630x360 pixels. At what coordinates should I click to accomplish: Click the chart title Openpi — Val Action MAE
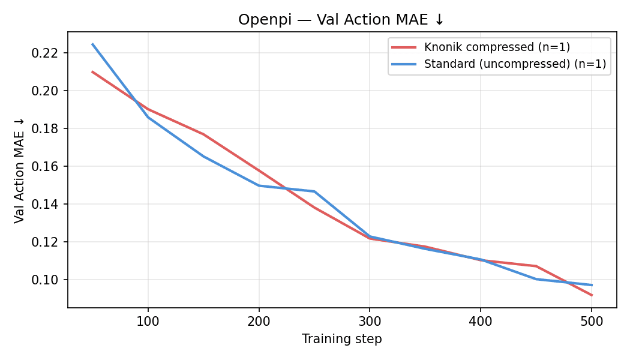pyautogui.click(x=341, y=20)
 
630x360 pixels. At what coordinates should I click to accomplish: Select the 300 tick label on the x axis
pyautogui.click(x=370, y=321)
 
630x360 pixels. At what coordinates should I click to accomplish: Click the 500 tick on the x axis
pyautogui.click(x=592, y=321)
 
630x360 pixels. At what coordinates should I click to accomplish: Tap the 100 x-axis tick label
pyautogui.click(x=148, y=321)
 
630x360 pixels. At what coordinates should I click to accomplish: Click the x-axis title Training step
pyautogui.click(x=341, y=339)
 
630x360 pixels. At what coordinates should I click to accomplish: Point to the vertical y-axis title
pyautogui.click(x=20, y=170)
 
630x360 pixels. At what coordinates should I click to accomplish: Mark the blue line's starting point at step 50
pyautogui.click(x=92, y=44)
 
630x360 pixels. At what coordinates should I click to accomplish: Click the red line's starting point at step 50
pyautogui.click(x=92, y=71)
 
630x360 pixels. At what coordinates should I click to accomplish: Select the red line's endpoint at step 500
pyautogui.click(x=592, y=295)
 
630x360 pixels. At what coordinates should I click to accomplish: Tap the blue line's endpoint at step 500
pyautogui.click(x=592, y=285)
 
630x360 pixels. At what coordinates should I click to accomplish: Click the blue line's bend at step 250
pyautogui.click(x=314, y=191)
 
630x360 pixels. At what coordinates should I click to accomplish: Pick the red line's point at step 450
pyautogui.click(x=536, y=266)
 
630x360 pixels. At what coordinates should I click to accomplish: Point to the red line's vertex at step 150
pyautogui.click(x=203, y=134)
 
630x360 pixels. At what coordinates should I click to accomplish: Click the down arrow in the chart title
pyautogui.click(x=440, y=20)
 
